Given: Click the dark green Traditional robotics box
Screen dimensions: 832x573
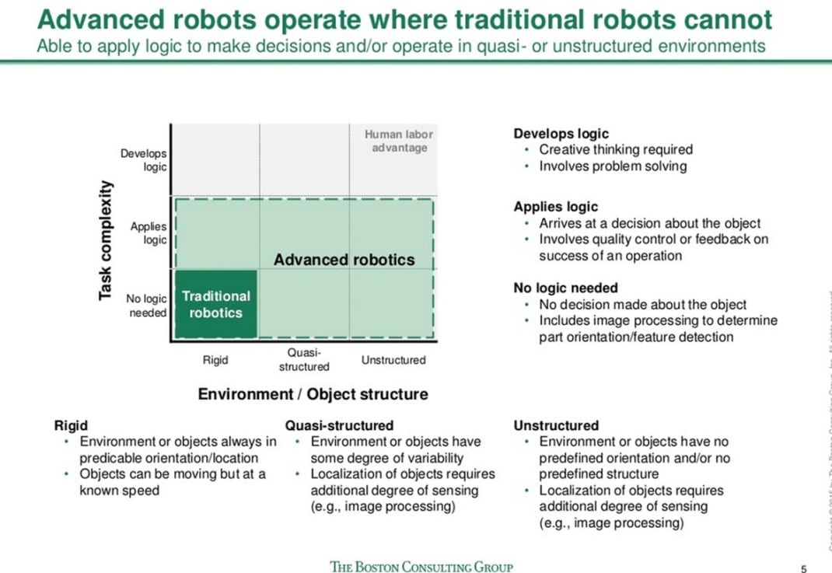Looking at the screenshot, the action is point(215,305).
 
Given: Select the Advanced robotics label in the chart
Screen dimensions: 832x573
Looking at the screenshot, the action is point(344,260).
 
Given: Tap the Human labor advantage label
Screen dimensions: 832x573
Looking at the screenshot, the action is point(399,141).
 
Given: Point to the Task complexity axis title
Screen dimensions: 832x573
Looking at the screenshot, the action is point(106,241).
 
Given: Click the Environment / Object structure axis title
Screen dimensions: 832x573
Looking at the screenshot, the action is point(313,394).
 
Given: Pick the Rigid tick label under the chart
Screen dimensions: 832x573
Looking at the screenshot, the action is point(215,360).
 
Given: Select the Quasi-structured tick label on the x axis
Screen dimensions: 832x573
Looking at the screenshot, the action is point(304,359).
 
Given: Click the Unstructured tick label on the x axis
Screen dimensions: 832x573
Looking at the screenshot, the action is point(393,360).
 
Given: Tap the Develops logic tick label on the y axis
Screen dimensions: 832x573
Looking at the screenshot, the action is point(144,160).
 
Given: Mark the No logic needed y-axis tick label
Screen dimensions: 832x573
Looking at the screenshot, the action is point(146,306).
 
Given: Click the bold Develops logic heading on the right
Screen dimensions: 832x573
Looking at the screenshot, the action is point(561,134).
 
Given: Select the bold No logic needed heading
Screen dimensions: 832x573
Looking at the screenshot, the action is point(565,288).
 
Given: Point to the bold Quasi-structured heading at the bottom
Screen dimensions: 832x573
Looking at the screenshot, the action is point(339,425).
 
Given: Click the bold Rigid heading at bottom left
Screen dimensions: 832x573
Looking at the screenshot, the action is point(71,425).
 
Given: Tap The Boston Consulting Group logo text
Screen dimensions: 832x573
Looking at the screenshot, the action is point(421,566).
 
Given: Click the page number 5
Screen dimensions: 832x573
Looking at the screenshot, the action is point(803,568).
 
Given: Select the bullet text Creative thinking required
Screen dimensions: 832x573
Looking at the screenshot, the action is point(615,149).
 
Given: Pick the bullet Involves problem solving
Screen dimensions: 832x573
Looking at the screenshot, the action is point(613,166).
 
